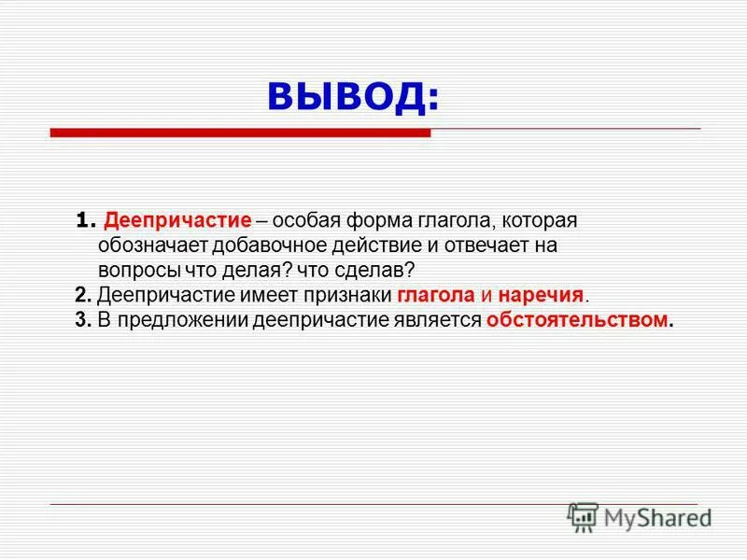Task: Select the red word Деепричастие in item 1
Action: [x=177, y=222]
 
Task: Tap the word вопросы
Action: [x=132, y=271]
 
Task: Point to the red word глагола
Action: [x=436, y=295]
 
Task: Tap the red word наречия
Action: [x=541, y=295]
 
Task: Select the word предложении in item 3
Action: [x=177, y=319]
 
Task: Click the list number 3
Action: [x=80, y=319]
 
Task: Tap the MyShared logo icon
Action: [x=583, y=516]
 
